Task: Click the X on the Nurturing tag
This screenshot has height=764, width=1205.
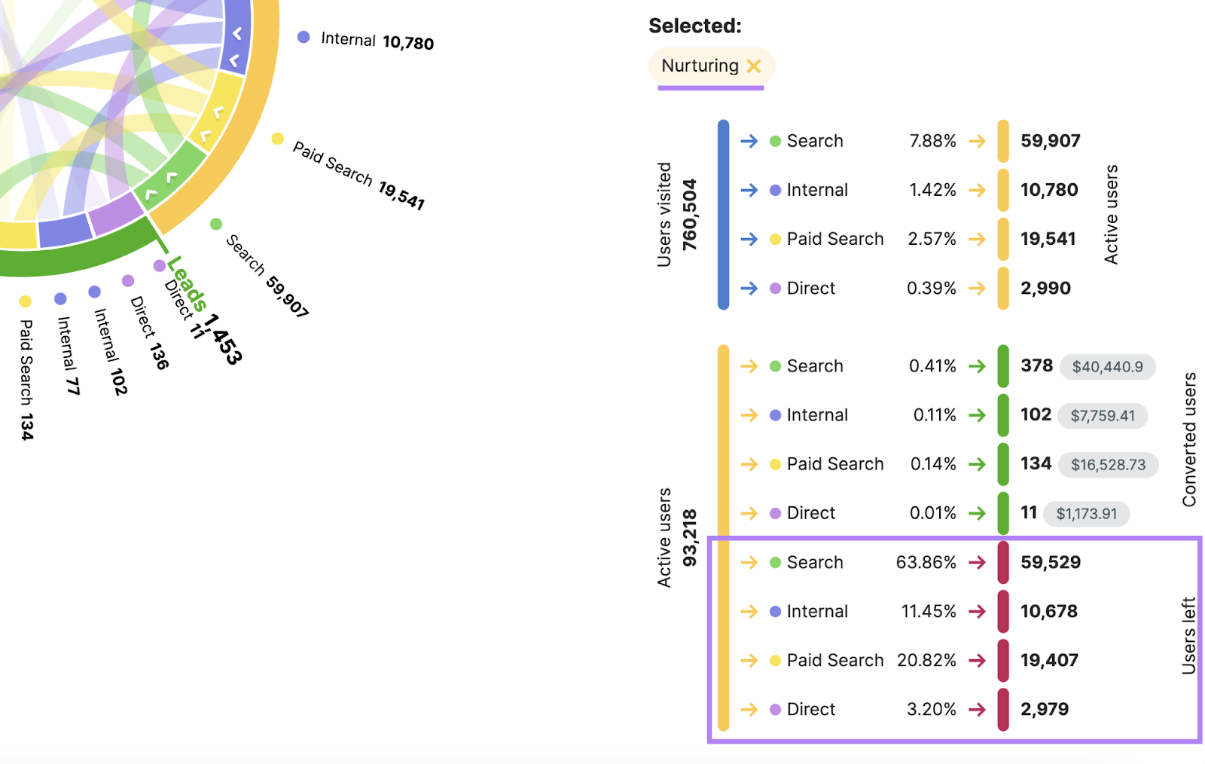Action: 754,66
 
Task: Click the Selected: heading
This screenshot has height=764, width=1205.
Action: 694,26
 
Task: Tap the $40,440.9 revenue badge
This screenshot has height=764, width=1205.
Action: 1107,367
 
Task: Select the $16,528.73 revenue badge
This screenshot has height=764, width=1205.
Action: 1108,465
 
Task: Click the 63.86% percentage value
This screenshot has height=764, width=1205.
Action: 926,563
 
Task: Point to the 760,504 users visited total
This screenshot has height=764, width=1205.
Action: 690,215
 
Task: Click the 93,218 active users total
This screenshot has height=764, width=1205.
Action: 690,538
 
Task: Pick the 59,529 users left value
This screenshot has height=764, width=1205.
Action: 1050,563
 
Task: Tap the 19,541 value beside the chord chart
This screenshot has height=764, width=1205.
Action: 401,195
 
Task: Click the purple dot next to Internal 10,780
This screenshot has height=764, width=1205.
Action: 304,37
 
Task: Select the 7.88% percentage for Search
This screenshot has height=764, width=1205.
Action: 932,142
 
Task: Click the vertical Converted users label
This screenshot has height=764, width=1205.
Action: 1189,439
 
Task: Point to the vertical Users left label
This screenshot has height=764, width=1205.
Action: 1189,635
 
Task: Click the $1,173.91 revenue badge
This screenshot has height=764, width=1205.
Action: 1086,514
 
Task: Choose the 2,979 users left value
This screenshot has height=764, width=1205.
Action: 1044,710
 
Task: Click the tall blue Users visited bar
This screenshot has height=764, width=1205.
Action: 723,215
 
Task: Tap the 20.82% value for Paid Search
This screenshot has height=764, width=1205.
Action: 926,661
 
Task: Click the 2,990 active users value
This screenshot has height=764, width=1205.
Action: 1045,289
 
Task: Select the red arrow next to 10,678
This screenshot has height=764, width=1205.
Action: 977,612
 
